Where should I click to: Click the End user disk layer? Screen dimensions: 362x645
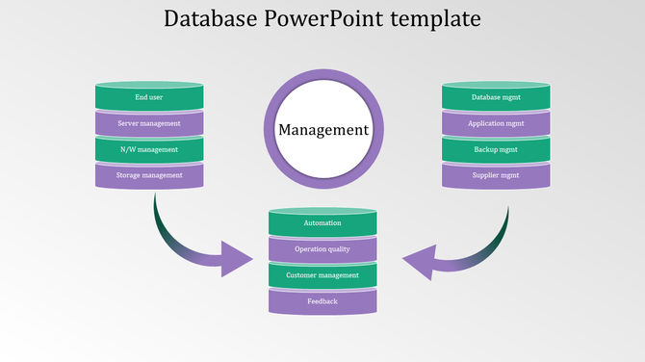pos(149,97)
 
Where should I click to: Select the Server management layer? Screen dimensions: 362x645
pos(149,123)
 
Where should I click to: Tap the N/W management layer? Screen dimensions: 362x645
pos(149,150)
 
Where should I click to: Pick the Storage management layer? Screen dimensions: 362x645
pos(149,175)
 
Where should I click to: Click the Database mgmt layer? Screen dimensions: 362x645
pos(496,97)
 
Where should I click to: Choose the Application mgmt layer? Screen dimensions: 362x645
pos(496,123)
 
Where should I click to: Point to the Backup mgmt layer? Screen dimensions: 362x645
pos(496,150)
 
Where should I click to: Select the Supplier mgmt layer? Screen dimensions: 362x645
pos(496,175)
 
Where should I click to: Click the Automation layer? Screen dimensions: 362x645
pos(322,223)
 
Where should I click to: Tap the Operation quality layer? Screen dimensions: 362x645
pos(322,249)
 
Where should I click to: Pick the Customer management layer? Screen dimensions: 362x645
pos(322,275)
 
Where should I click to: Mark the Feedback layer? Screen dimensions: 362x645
pos(322,301)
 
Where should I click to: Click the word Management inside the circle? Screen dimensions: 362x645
pos(323,130)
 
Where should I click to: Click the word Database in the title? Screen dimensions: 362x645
pos(210,18)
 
